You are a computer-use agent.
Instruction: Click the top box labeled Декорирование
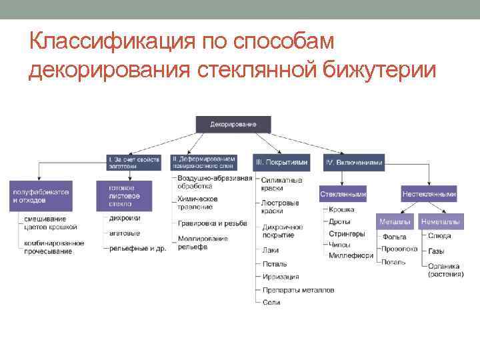tap(235, 125)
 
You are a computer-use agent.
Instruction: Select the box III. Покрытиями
tap(280, 162)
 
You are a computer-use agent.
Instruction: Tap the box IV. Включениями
tap(354, 162)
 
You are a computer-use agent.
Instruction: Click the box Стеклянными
tap(343, 194)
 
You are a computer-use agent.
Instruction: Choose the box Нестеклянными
tap(429, 194)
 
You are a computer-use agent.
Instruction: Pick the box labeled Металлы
tap(395, 221)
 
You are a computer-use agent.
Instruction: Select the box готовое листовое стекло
tap(124, 196)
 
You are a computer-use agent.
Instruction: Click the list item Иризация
tap(280, 277)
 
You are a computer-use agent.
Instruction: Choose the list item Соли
tap(271, 303)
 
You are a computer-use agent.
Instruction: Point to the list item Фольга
tap(393, 235)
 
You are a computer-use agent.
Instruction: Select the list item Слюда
tap(439, 235)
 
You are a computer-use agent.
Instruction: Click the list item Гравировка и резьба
tap(212, 223)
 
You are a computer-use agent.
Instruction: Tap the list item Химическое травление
tap(197, 203)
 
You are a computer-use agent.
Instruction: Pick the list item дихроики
tap(125, 218)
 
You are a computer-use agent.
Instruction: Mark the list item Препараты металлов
tap(298, 290)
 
